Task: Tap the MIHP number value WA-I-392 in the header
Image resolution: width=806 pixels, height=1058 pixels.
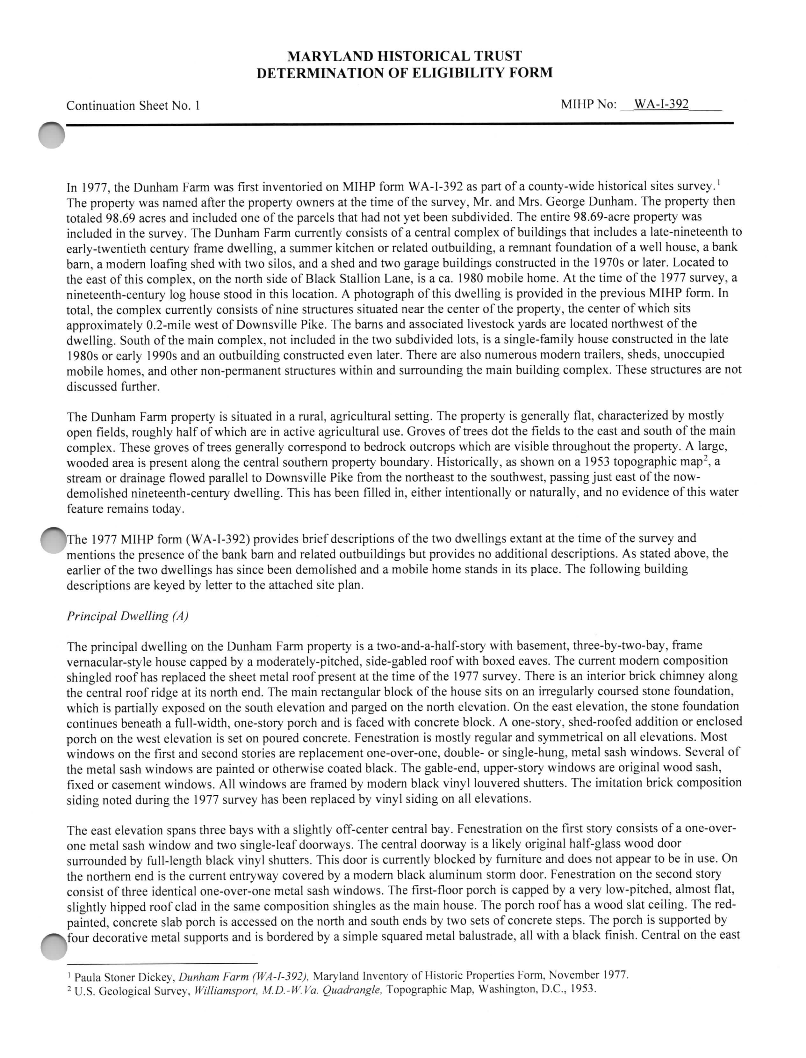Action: (x=661, y=104)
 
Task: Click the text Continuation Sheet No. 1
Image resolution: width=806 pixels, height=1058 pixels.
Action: (x=133, y=106)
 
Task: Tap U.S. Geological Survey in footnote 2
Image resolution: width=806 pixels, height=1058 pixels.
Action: (x=131, y=990)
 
